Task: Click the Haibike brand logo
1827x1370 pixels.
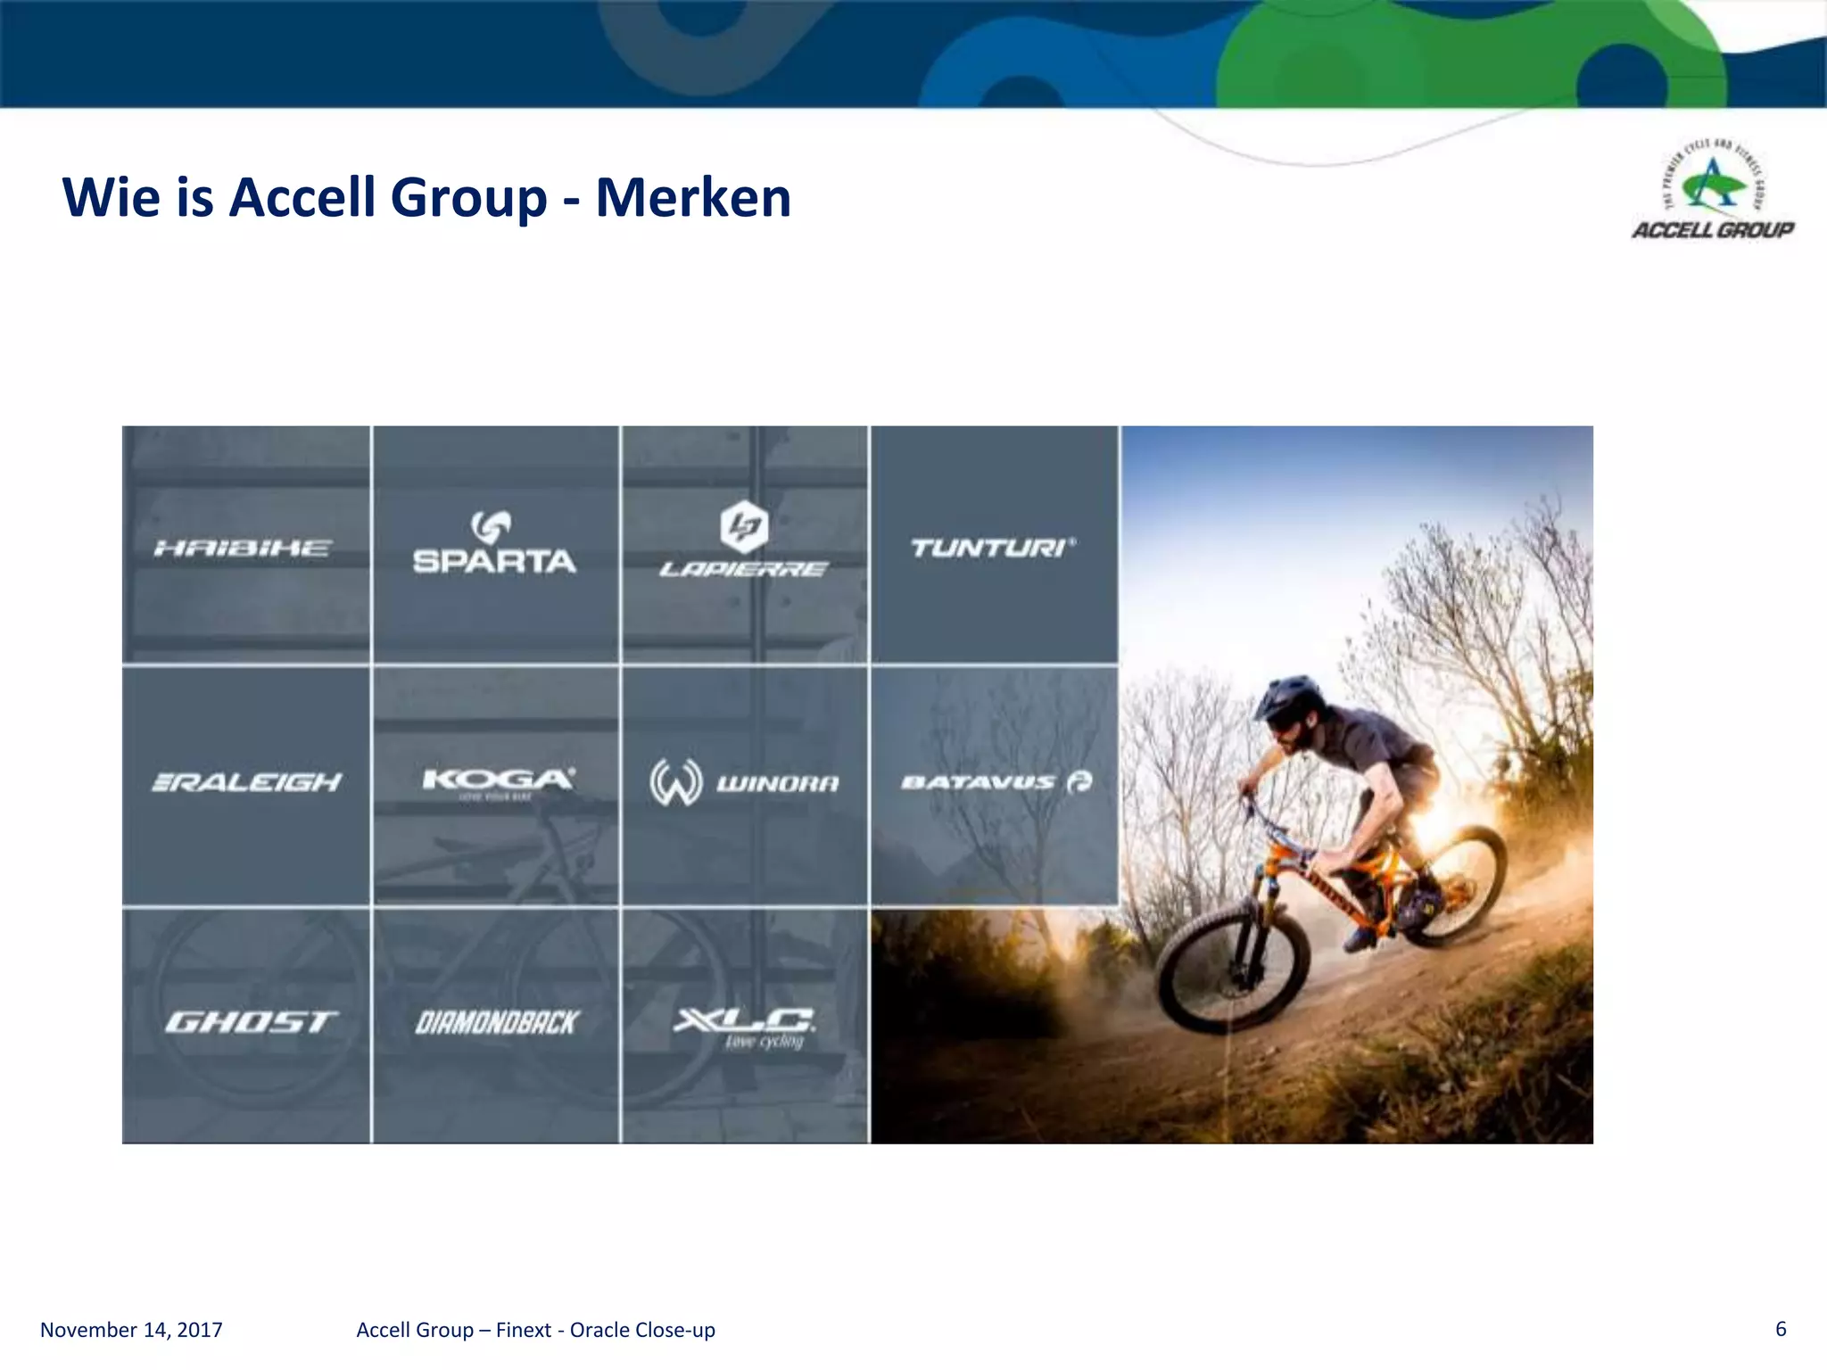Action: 243,548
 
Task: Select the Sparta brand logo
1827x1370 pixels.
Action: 494,542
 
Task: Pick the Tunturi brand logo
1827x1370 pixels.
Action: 993,547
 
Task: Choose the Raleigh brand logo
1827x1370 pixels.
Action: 247,782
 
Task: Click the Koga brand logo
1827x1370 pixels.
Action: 498,781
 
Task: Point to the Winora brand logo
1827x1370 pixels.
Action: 744,782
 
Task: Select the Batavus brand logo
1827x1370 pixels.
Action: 996,782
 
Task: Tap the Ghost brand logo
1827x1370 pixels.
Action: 251,1021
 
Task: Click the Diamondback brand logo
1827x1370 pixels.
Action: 497,1022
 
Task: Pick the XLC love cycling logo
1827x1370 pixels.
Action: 744,1027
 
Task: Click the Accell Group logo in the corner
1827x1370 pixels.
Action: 1713,191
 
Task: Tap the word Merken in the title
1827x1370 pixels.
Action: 693,197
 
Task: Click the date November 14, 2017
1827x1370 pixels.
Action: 131,1330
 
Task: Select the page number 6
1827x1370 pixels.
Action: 1781,1329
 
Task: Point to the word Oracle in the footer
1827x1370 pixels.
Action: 603,1330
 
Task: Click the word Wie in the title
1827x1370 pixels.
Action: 112,197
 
